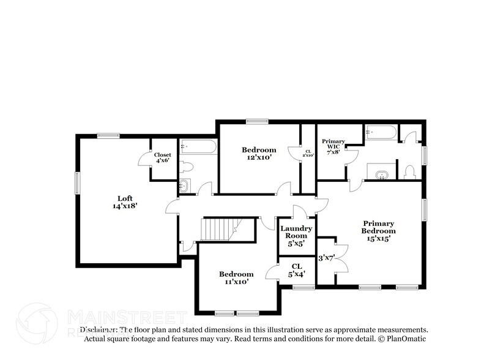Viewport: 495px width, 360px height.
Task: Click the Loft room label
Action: coord(124,198)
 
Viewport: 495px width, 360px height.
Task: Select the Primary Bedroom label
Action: coord(378,227)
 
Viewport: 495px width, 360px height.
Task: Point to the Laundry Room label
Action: coord(296,232)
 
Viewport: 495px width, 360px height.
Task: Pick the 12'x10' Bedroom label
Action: coord(259,154)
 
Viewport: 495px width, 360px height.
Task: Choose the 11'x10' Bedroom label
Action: coord(236,278)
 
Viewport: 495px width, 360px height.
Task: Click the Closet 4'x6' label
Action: coord(162,157)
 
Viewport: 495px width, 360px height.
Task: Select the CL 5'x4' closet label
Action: coord(297,269)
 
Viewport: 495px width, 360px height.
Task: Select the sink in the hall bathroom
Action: coord(184,186)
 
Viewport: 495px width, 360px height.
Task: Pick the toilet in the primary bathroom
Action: coord(410,172)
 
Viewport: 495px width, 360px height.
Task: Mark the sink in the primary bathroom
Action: coord(381,174)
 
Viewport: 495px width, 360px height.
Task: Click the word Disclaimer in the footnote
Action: coord(99,329)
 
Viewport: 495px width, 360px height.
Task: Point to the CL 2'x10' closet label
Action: coord(308,153)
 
